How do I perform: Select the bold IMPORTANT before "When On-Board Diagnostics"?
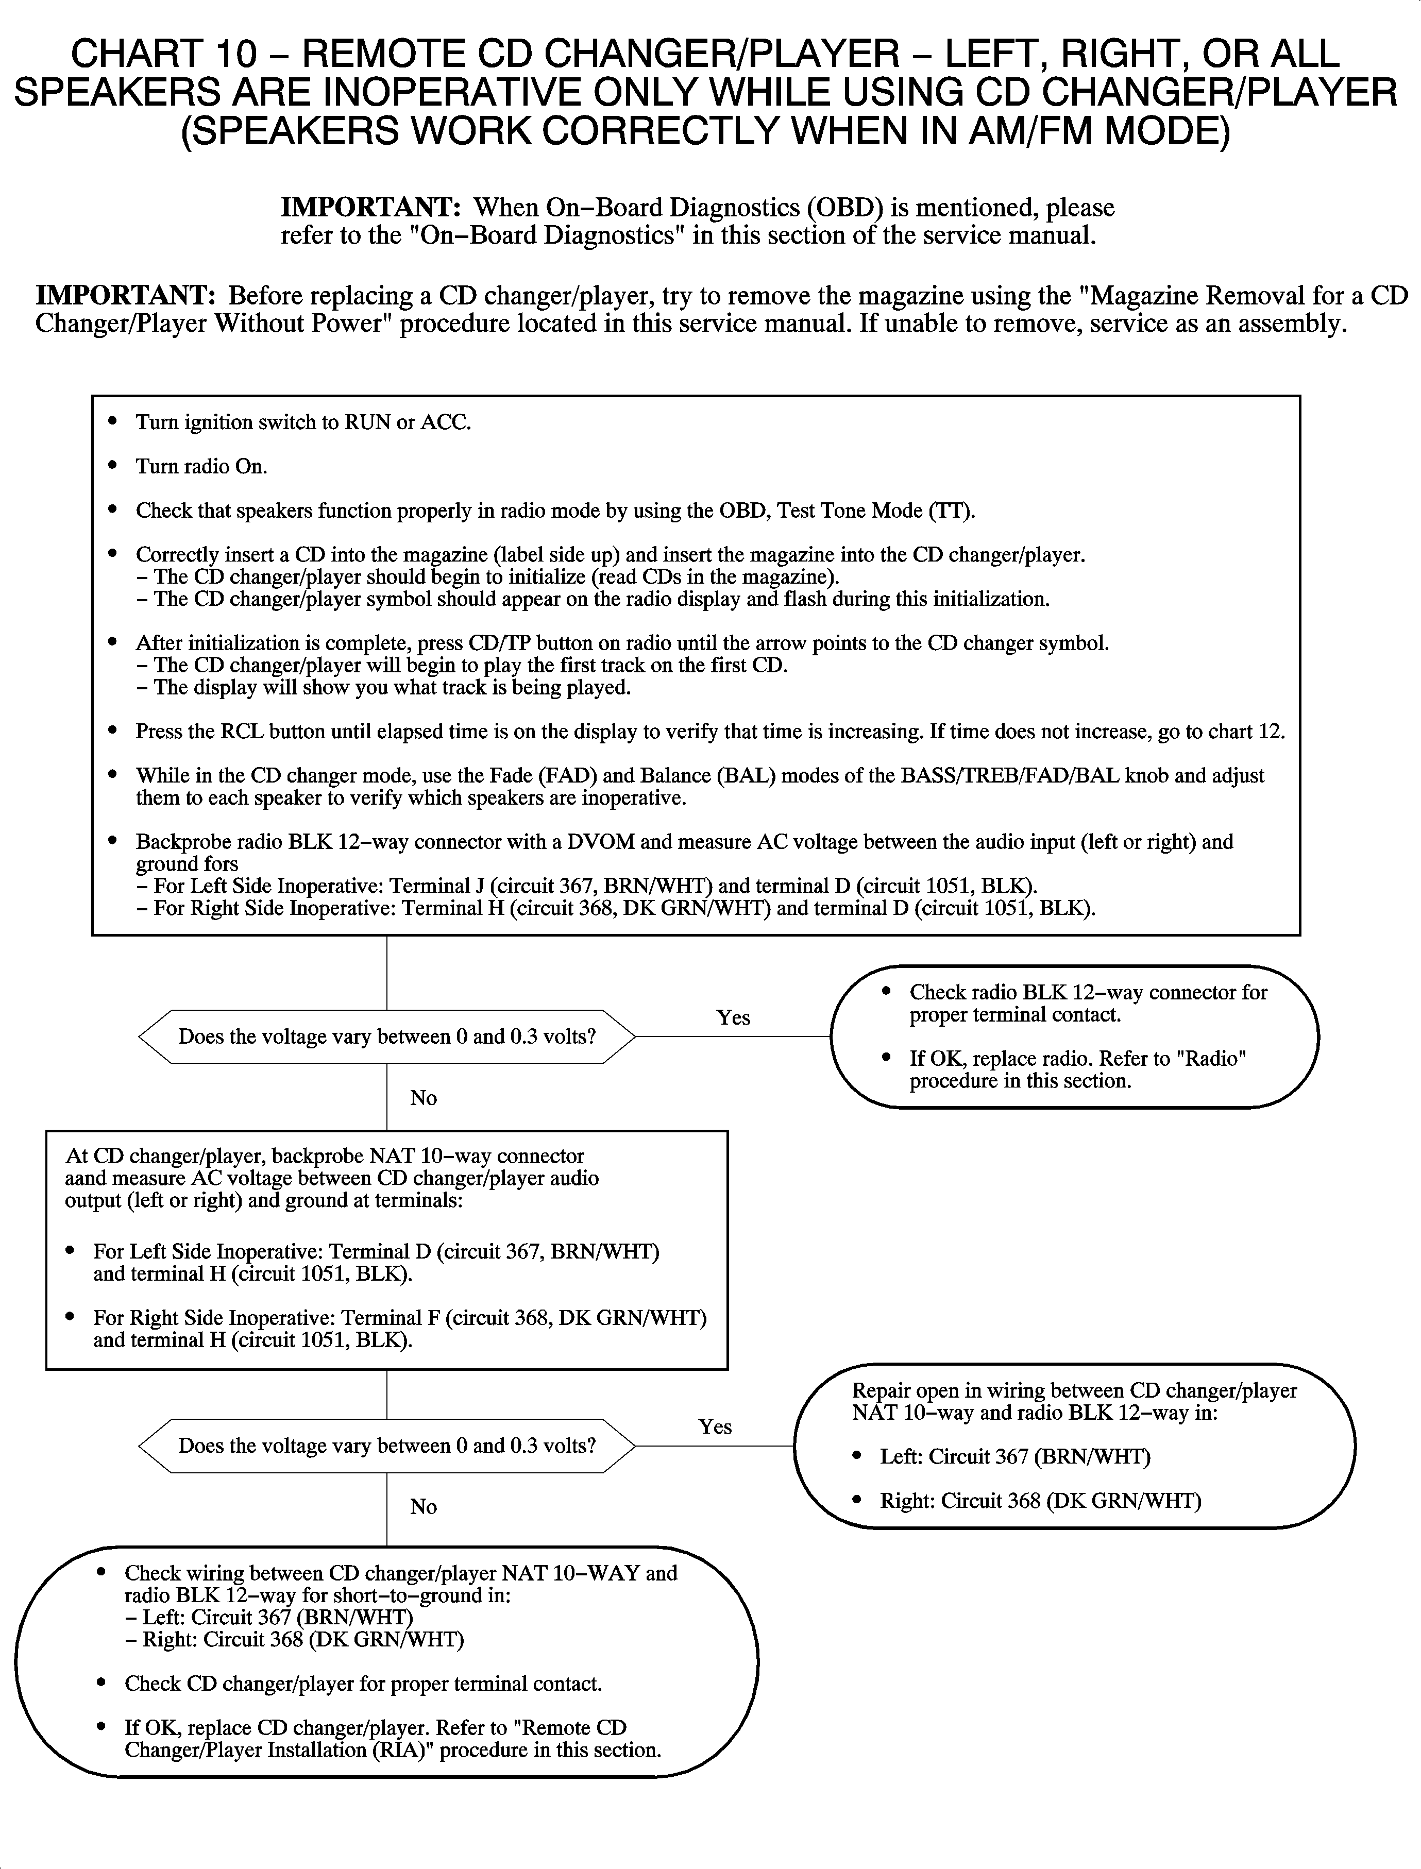pyautogui.click(x=369, y=207)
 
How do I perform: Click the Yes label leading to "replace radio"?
pyautogui.click(x=733, y=1017)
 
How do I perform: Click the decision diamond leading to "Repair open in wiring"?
pyautogui.click(x=386, y=1446)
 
